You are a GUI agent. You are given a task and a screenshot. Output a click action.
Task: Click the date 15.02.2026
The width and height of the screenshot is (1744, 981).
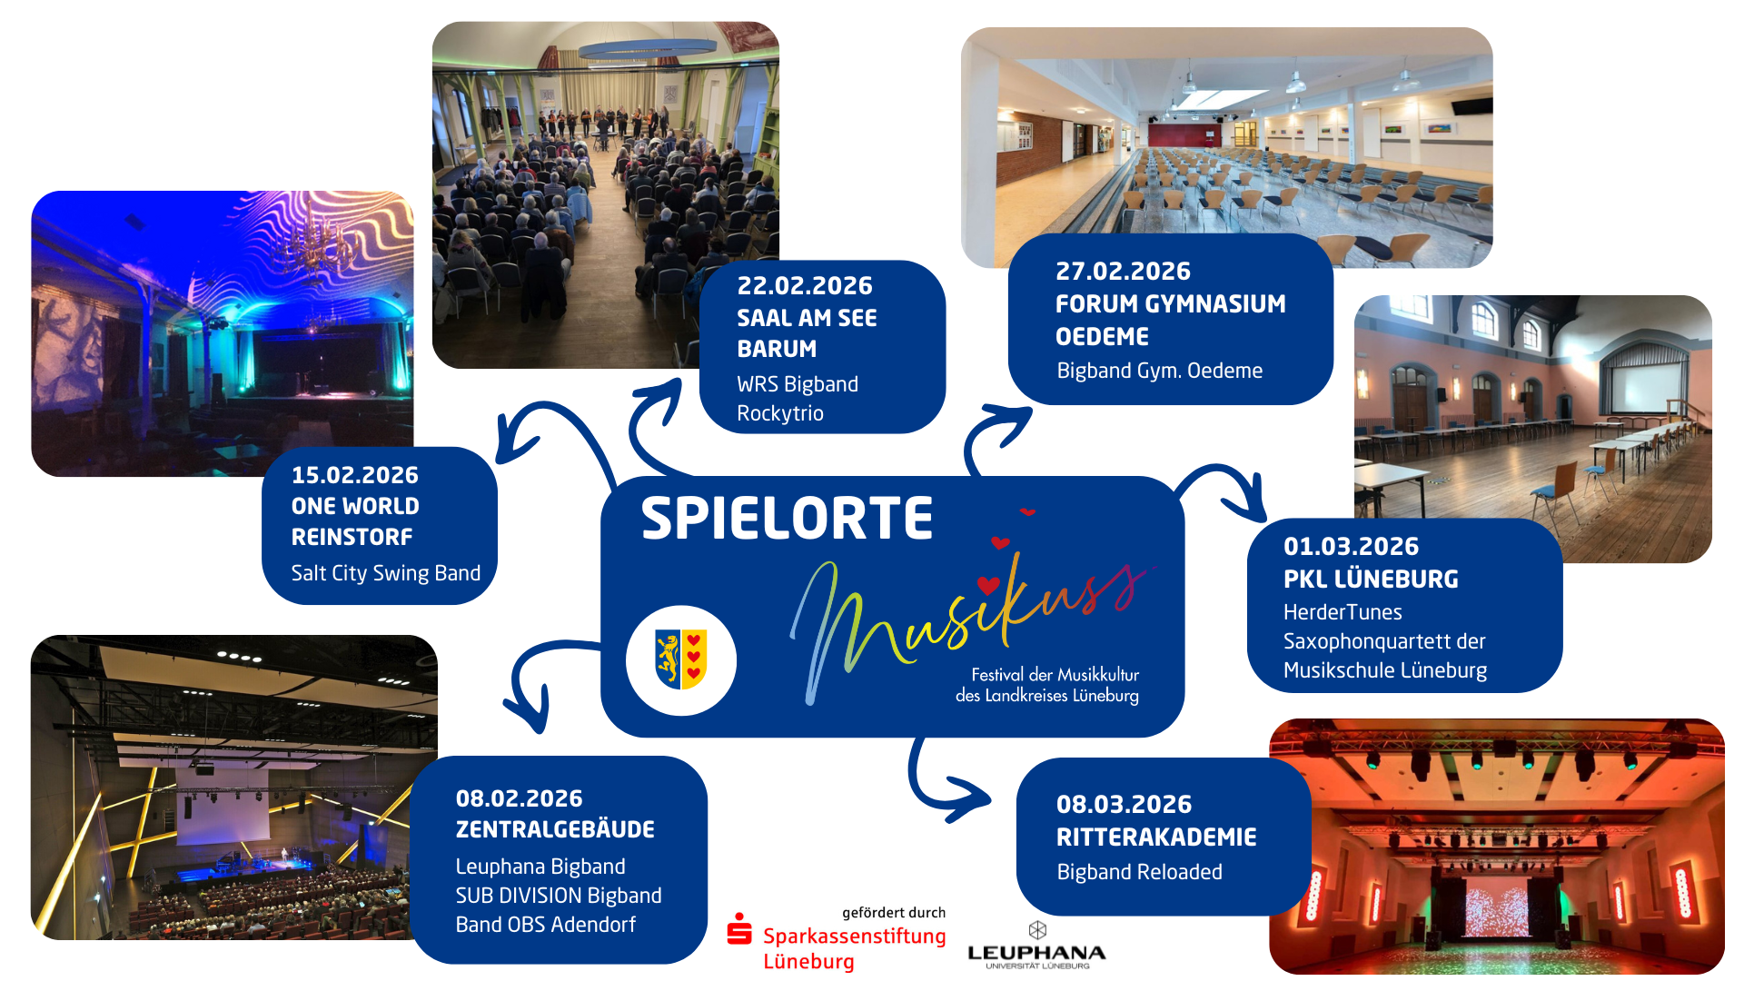[x=354, y=475]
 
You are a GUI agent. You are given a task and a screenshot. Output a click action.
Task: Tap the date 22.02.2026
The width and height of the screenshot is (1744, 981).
[x=804, y=286]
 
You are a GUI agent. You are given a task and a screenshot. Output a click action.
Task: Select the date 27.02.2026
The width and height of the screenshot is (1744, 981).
[x=1123, y=272]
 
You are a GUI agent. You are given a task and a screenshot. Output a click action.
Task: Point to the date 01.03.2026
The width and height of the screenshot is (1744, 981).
[x=1351, y=547]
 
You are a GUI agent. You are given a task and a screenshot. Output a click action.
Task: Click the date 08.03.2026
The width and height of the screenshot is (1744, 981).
[x=1124, y=805]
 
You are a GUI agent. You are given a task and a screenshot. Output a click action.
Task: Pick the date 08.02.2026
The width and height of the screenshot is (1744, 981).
[x=519, y=799]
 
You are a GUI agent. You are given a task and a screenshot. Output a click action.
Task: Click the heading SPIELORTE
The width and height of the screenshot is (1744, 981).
[x=787, y=519]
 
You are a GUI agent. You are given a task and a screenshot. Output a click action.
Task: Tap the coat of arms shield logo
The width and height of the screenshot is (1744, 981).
[x=681, y=660]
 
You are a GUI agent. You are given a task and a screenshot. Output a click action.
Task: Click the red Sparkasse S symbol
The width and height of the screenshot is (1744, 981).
[x=739, y=930]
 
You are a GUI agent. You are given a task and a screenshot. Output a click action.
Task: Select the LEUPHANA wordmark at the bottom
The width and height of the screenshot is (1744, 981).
[x=1036, y=953]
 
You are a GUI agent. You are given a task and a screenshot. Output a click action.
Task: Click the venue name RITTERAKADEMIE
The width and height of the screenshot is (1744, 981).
[x=1156, y=837]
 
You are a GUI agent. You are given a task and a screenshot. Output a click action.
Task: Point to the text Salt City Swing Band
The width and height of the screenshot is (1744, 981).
[x=385, y=573]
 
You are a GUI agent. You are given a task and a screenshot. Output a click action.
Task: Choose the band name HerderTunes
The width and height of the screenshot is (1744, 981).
[x=1343, y=612]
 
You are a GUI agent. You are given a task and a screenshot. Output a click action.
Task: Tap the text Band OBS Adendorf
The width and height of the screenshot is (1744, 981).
[x=545, y=925]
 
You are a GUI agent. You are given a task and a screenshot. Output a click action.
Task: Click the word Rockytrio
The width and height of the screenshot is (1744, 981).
[x=780, y=413]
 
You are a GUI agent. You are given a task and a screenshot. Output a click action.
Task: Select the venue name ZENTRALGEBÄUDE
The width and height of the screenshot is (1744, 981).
[x=554, y=830]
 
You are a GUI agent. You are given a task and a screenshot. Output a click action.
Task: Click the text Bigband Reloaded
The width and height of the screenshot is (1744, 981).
[x=1139, y=872]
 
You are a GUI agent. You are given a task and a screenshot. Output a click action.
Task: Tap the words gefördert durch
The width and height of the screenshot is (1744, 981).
[x=893, y=913]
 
